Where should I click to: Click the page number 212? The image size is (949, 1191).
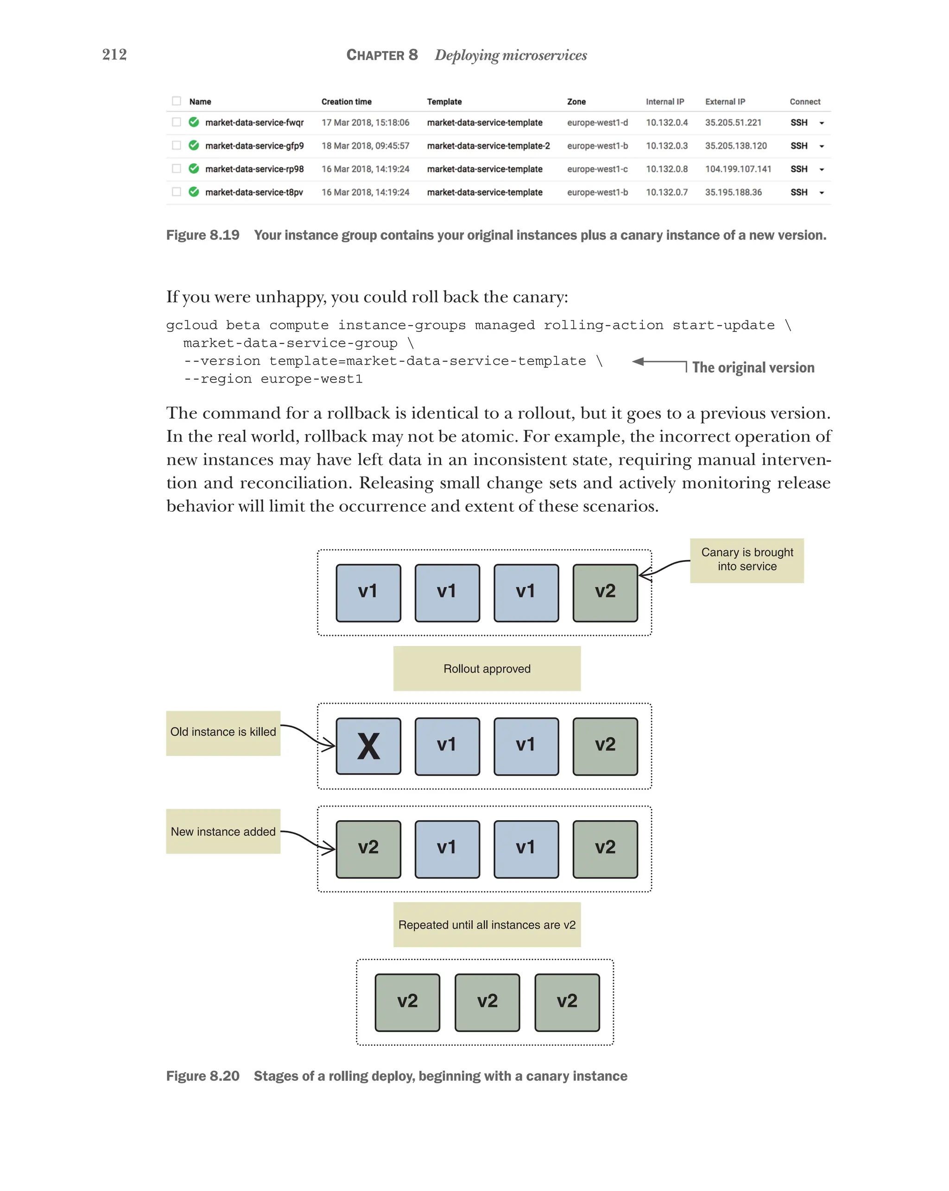114,54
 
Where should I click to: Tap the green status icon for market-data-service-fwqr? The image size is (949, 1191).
194,122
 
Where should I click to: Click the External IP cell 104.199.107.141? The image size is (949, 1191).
738,169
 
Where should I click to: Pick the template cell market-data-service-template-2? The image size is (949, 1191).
488,146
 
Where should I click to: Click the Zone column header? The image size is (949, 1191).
576,102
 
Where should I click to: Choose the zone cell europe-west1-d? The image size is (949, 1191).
597,123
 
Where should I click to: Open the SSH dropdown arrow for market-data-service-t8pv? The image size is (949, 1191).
822,193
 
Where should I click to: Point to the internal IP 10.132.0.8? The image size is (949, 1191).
666,169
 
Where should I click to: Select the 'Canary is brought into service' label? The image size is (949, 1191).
747,560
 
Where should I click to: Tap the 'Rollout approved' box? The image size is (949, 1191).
487,669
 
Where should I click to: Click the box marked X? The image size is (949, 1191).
368,746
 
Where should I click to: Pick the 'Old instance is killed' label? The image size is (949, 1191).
223,732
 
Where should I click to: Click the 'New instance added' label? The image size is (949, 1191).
223,831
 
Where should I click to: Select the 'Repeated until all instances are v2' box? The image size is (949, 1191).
487,925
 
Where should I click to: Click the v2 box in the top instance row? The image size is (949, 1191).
605,592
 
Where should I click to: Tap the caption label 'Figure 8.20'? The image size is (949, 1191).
202,1076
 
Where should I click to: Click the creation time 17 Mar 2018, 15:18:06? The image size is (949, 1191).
365,123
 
